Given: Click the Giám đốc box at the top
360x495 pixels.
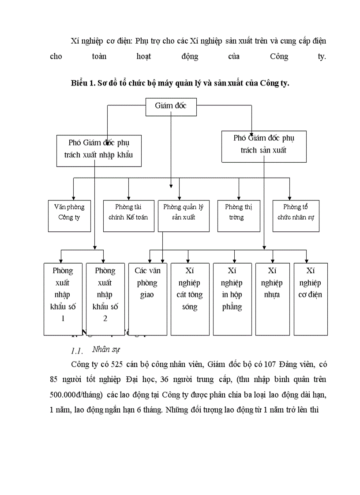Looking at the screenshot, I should pyautogui.click(x=171, y=106).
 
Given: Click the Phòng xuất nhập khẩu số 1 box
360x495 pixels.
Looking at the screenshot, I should pyautogui.click(x=62, y=298).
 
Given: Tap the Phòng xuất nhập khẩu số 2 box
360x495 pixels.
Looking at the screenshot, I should pyautogui.click(x=105, y=298).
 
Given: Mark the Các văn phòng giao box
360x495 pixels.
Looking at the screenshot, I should pyautogui.click(x=147, y=298).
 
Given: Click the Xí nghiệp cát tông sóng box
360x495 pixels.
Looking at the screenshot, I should pyautogui.click(x=189, y=298).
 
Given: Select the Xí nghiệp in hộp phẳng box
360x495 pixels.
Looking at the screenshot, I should pyautogui.click(x=232, y=298).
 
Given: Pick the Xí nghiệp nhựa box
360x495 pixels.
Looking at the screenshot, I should pyautogui.click(x=272, y=298).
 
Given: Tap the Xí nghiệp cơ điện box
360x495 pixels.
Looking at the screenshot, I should pyautogui.click(x=311, y=298).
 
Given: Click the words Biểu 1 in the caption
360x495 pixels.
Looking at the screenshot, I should pyautogui.click(x=82, y=83).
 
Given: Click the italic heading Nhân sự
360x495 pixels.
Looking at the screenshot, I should pyautogui.click(x=106, y=350).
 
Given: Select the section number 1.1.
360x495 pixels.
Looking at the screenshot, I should pyautogui.click(x=77, y=351).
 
